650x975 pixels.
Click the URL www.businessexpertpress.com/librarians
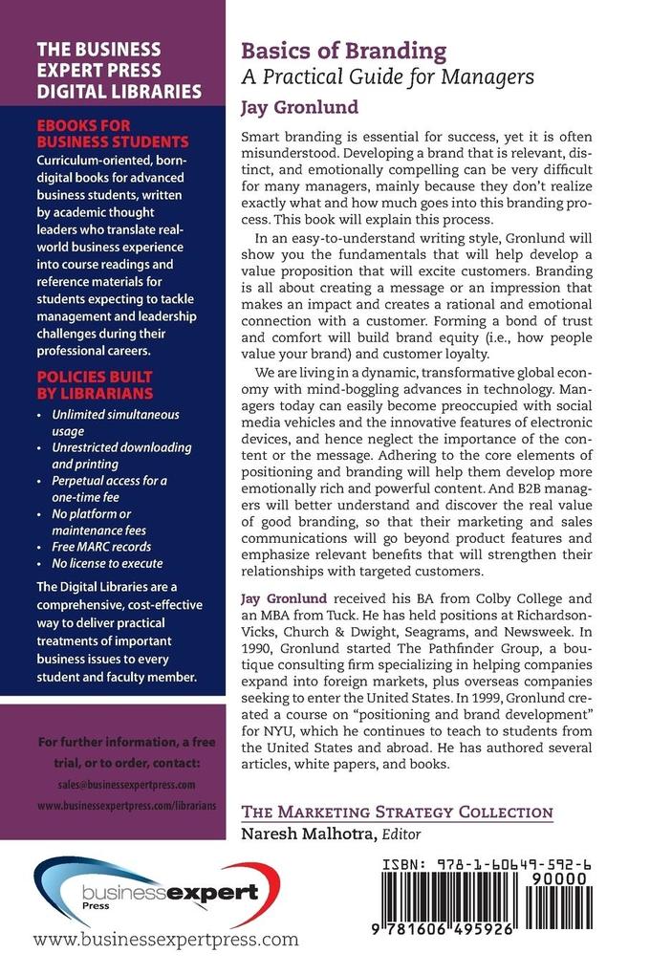pyautogui.click(x=125, y=805)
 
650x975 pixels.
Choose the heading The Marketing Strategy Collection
pyautogui.click(x=397, y=812)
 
